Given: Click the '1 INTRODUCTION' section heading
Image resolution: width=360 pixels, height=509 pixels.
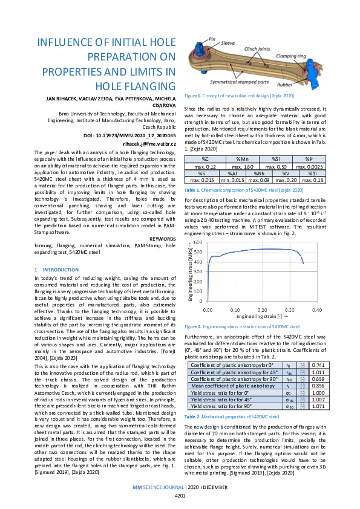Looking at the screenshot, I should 54,269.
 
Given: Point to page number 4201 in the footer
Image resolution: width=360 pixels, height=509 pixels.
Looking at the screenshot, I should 180,496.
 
